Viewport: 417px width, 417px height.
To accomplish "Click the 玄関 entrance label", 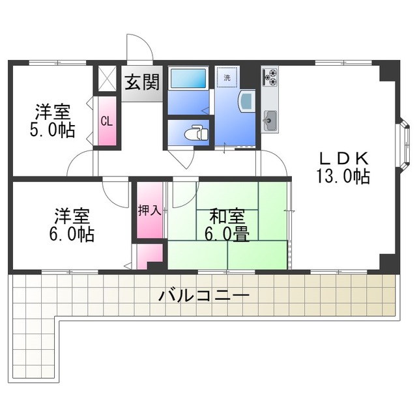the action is (142, 82).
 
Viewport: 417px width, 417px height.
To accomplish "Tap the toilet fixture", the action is (197, 132).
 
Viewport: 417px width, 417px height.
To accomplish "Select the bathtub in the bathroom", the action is (188, 78).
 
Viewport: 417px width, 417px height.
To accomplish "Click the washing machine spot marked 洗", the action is (227, 78).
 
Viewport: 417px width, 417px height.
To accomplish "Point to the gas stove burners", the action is (270, 77).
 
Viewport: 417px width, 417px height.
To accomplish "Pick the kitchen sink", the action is (270, 121).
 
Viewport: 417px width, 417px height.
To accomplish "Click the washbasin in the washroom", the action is (248, 100).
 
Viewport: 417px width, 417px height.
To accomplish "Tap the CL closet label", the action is (107, 122).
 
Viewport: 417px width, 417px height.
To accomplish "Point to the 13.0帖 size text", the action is (343, 176).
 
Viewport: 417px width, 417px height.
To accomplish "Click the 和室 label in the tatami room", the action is (227, 216).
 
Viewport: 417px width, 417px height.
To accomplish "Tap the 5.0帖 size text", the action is (52, 130).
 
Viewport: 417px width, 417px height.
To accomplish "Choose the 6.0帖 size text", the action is (72, 234).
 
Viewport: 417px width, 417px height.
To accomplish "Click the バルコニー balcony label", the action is (204, 295).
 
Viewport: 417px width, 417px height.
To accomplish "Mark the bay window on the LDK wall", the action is (403, 146).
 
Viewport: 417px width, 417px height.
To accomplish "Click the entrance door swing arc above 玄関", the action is (143, 42).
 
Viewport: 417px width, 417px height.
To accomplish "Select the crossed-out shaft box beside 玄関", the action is (107, 78).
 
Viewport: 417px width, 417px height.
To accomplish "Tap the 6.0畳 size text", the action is (227, 234).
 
